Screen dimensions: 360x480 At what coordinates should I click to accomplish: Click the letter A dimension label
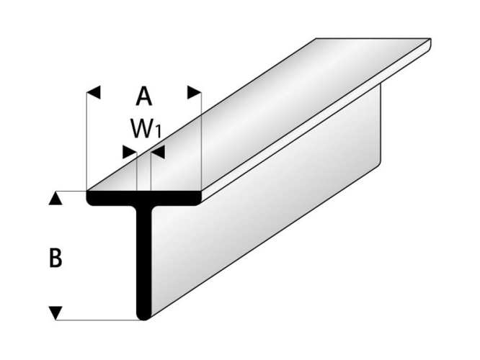(144, 96)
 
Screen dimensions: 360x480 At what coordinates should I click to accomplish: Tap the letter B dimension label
(55, 258)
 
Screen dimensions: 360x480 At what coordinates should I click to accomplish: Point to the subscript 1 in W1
(156, 133)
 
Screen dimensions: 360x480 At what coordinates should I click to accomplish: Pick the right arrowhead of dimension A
(193, 92)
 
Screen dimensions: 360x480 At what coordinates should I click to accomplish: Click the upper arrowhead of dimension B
(55, 198)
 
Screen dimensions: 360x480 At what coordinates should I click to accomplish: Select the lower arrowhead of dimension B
(55, 312)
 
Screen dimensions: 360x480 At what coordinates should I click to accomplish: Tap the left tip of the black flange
(89, 196)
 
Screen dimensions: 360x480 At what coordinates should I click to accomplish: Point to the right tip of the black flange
(201, 196)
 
